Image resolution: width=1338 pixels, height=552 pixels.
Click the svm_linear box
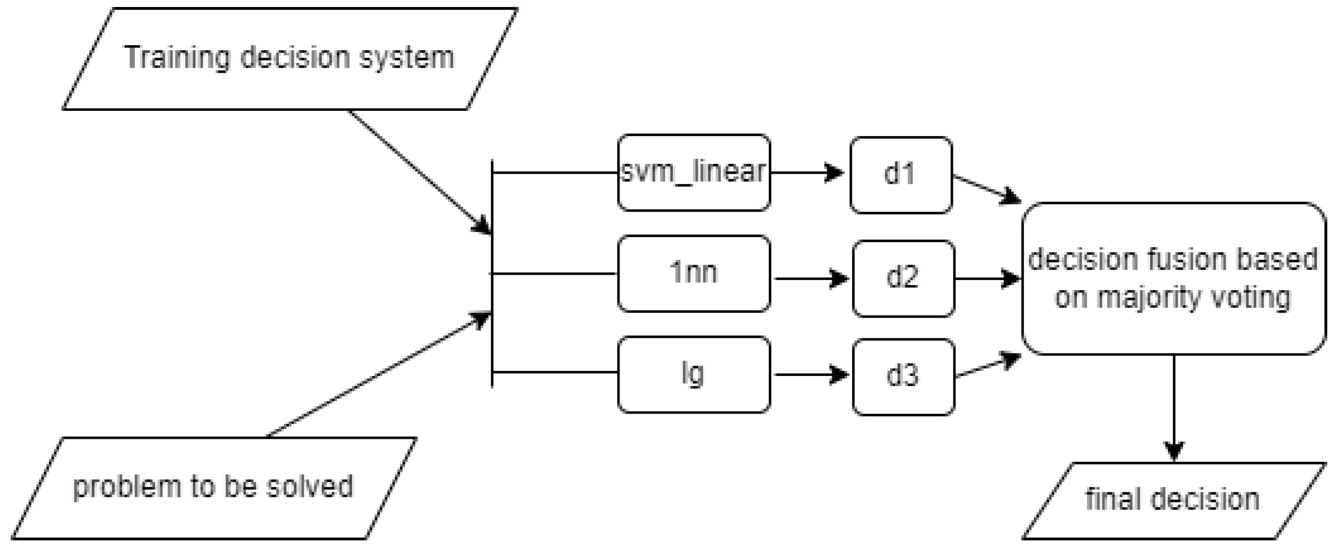coord(693,172)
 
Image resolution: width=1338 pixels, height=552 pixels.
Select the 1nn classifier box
coord(693,273)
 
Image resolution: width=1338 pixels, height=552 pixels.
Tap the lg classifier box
coord(693,374)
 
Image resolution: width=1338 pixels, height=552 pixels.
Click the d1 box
coord(901,175)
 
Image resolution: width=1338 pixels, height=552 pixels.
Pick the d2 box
coord(903,278)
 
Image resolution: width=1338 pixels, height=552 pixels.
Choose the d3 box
coord(903,377)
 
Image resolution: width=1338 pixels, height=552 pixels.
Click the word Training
coord(177,58)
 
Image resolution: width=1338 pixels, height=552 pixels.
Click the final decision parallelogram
coord(1173,500)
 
